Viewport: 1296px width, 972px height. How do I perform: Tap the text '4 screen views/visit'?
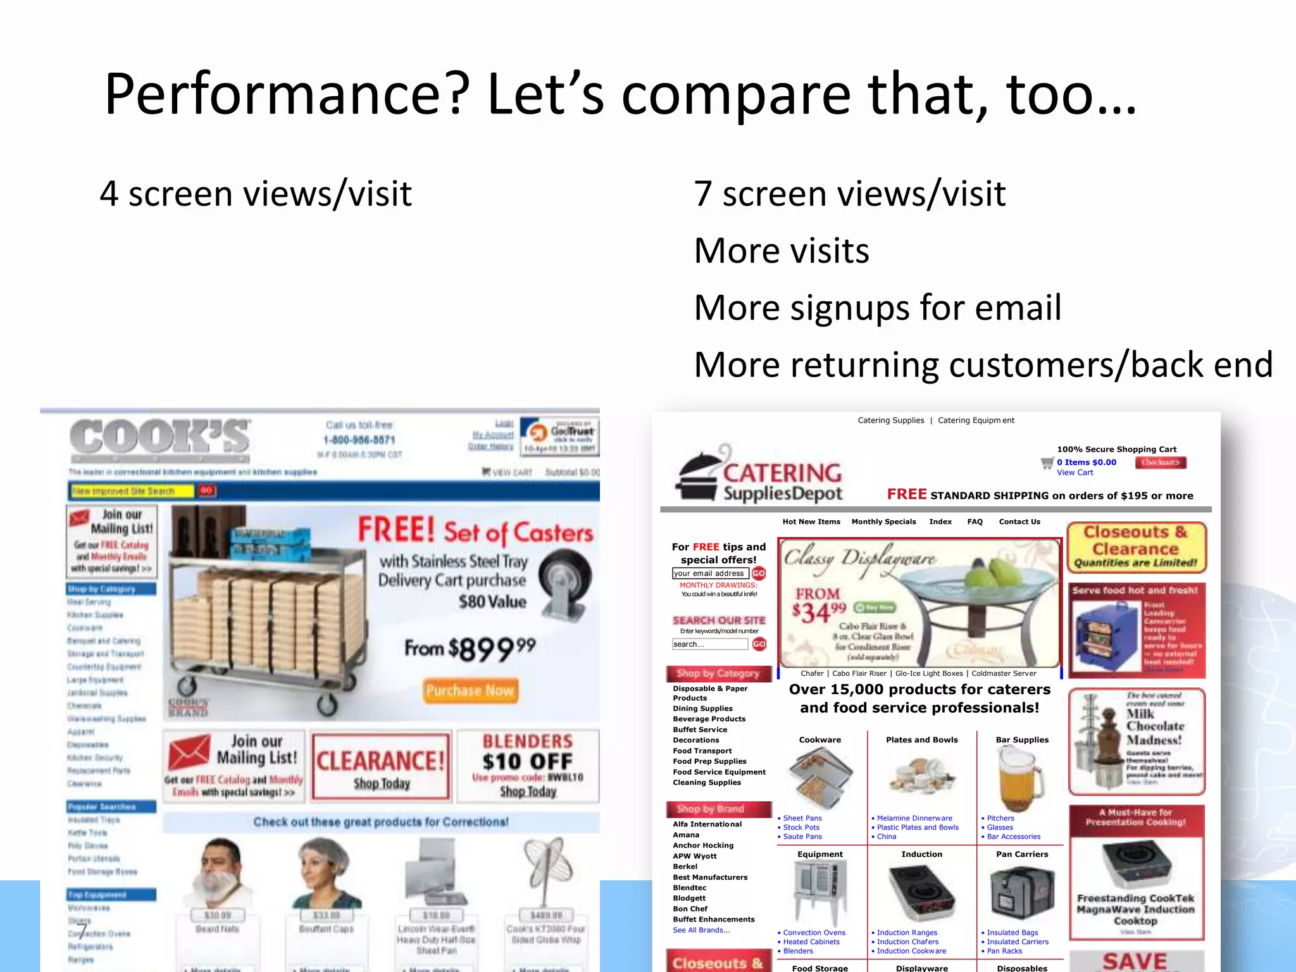tap(256, 194)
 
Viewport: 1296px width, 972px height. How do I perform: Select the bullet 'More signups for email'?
tap(877, 308)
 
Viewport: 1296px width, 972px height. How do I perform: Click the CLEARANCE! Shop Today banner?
tap(381, 766)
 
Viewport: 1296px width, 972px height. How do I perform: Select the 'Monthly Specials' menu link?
tap(883, 522)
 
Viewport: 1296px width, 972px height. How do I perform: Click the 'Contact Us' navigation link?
tap(1019, 522)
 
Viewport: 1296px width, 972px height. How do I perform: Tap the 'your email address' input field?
tap(710, 573)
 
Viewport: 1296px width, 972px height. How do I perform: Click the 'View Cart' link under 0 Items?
tap(1075, 473)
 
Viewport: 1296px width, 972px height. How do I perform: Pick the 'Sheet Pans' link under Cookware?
tap(802, 818)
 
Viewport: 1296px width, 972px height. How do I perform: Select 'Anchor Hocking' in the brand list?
tap(703, 845)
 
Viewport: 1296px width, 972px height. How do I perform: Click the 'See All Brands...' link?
tap(701, 930)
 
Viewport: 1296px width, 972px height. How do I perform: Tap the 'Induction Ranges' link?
tap(907, 933)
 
